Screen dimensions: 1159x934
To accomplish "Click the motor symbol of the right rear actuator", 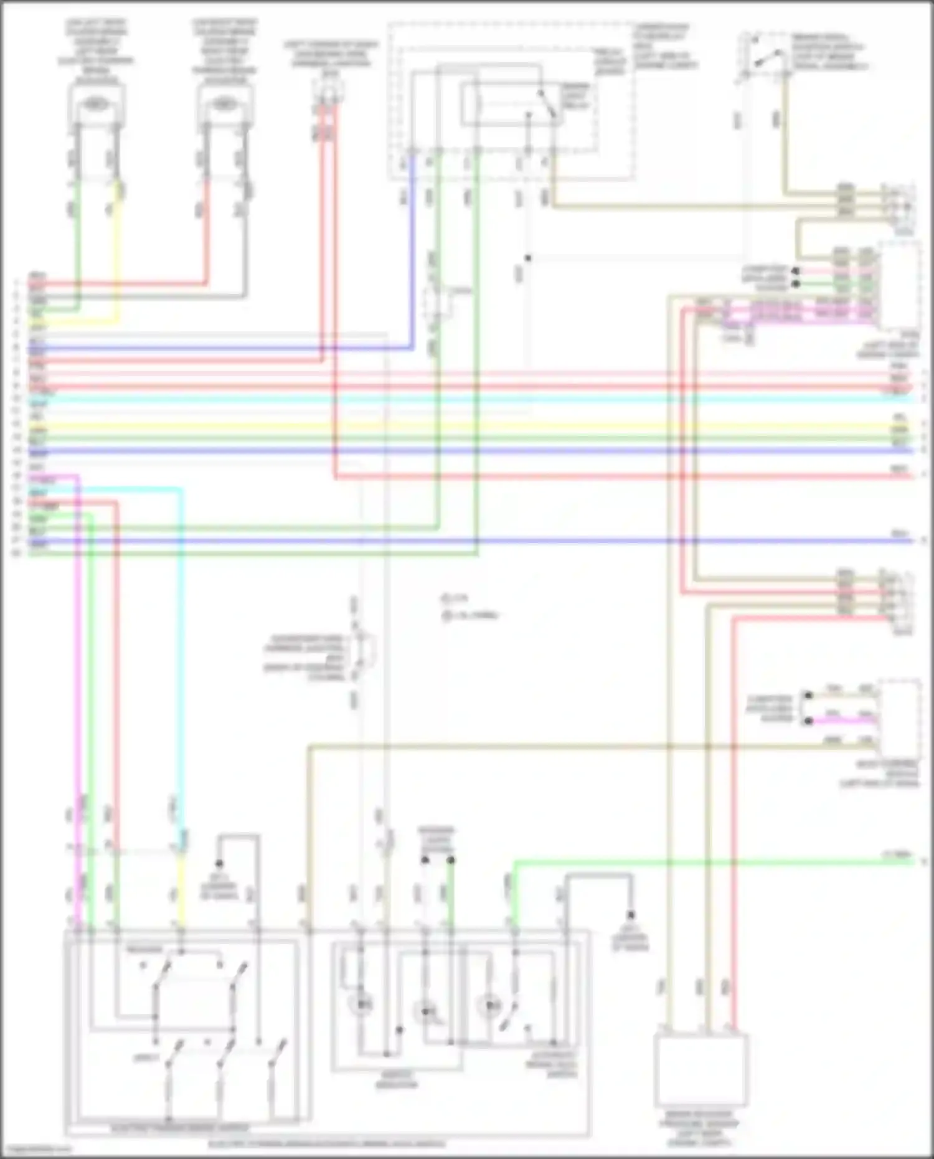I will pos(224,104).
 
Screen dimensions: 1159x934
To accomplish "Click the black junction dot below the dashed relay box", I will pos(527,258).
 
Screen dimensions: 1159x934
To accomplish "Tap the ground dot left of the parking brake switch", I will pos(219,863).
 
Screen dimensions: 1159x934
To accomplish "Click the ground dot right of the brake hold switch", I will pos(631,915).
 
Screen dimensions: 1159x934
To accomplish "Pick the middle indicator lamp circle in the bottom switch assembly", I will pos(426,1011).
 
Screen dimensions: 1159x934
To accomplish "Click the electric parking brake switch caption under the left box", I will pos(181,1128).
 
